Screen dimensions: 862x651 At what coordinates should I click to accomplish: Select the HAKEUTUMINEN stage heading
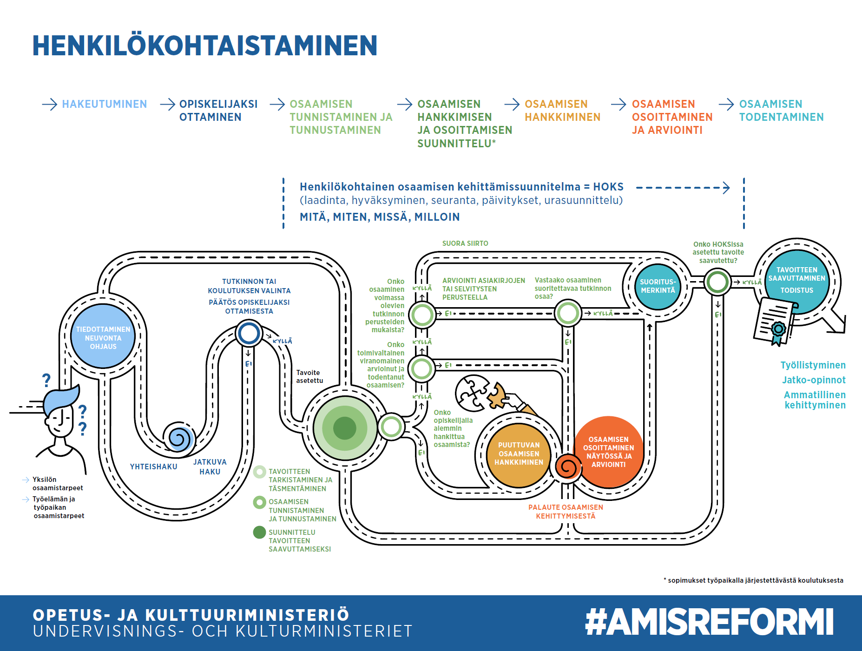pos(105,104)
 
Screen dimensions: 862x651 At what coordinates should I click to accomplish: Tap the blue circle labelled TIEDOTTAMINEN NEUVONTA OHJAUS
pos(103,336)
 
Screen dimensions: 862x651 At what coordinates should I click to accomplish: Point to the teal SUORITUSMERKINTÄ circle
pos(658,286)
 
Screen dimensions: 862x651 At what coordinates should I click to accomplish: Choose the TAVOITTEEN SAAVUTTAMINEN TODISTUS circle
pos(797,282)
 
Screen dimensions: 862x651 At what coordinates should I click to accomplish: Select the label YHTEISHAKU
pos(153,467)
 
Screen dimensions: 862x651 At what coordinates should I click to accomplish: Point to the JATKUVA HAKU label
pos(210,467)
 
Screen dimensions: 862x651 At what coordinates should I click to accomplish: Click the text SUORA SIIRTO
pos(465,243)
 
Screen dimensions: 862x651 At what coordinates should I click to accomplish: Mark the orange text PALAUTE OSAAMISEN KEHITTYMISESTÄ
pos(566,512)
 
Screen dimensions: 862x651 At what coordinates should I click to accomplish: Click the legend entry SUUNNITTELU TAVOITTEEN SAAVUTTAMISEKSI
pos(300,540)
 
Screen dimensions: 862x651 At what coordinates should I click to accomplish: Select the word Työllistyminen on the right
pos(813,365)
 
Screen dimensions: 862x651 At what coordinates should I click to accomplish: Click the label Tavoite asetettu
pos(309,376)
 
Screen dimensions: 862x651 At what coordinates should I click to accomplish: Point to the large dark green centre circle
pos(345,428)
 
